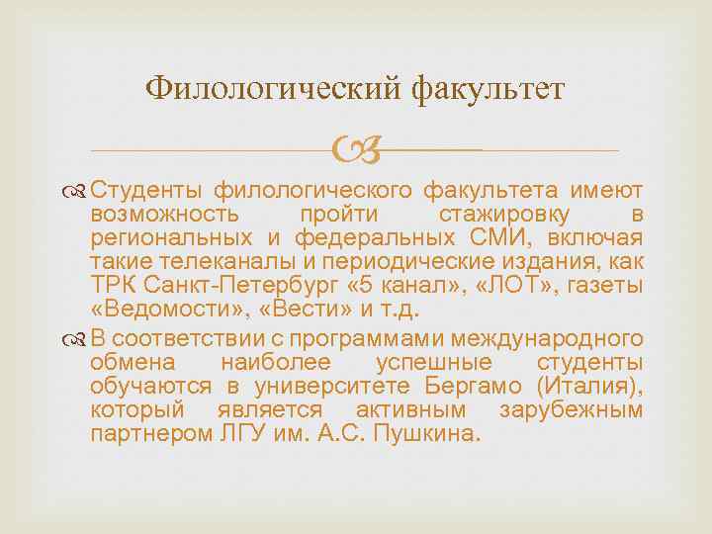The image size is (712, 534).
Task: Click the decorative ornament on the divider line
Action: [x=356, y=151]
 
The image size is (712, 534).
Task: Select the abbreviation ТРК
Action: [x=111, y=287]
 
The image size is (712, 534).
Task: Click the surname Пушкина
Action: [x=425, y=433]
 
